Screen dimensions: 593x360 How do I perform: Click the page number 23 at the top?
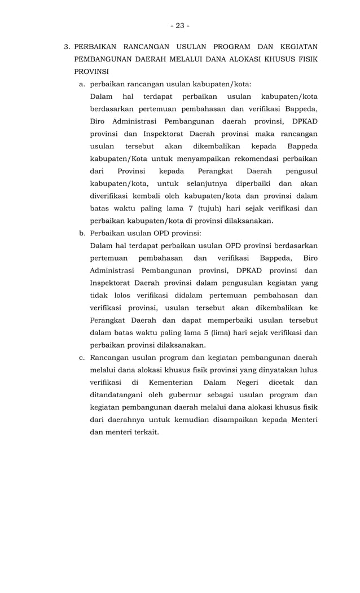tap(180, 25)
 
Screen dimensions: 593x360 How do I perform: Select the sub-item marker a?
tap(82, 84)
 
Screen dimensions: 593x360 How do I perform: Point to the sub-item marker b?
tap(82, 233)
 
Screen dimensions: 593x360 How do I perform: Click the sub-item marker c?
tap(82, 357)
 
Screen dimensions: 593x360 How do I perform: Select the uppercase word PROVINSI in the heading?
tap(91, 72)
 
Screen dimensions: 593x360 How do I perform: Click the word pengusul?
tap(302, 171)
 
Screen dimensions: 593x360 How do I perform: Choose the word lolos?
tap(118, 295)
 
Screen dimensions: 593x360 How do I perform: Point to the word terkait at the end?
tap(143, 432)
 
